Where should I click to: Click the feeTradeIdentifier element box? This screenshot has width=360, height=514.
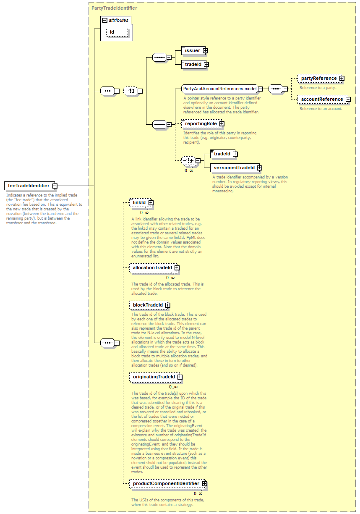[x=29, y=186]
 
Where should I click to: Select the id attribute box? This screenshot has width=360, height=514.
[x=117, y=32]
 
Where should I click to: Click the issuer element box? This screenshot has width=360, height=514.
[x=193, y=50]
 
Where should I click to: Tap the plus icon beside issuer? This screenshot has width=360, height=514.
[x=206, y=50]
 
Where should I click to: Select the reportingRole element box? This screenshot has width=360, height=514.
[x=201, y=124]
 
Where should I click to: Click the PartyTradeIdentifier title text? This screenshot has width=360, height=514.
[x=114, y=8]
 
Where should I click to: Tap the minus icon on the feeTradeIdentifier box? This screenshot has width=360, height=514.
[x=55, y=186]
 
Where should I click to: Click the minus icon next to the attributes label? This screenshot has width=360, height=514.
[x=105, y=21]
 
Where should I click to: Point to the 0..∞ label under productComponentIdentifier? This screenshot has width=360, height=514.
[x=198, y=493]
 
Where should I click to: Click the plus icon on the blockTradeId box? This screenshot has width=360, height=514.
[x=168, y=305]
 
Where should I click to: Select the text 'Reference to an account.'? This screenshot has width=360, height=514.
[x=321, y=108]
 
